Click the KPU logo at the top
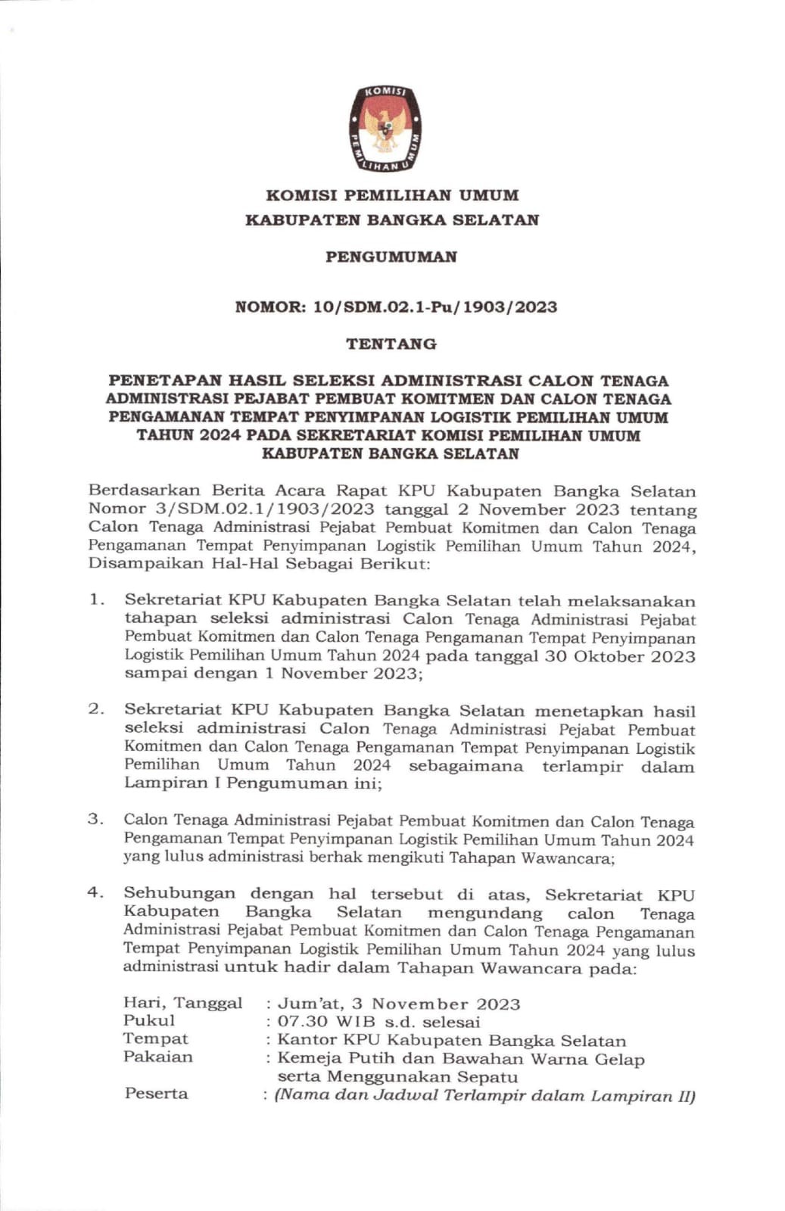click(x=385, y=128)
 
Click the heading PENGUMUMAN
click(x=391, y=257)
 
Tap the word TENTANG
click(x=391, y=344)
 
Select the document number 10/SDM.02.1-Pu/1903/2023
click(x=435, y=307)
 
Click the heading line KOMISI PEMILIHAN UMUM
click(x=392, y=195)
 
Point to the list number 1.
click(x=96, y=599)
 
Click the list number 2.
click(x=96, y=709)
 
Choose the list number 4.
click(x=95, y=892)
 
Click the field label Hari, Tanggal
click(x=182, y=1003)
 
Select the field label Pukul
click(x=149, y=1020)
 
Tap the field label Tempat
click(x=155, y=1038)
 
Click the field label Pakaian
click(x=157, y=1057)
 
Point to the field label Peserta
click(x=156, y=1094)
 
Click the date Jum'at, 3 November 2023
click(x=399, y=1004)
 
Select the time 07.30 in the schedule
click(x=303, y=1022)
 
